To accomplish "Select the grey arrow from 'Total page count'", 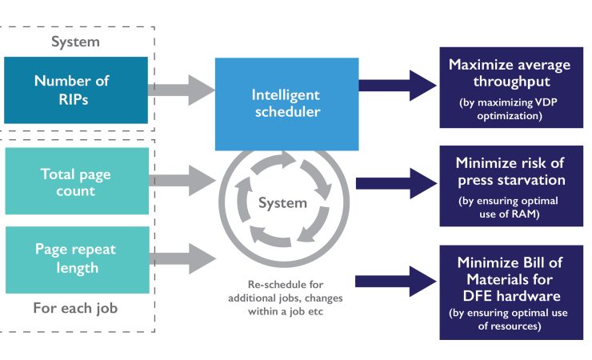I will (181, 181).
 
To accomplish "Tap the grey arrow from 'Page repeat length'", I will (181, 258).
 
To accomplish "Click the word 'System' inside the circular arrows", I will (282, 203).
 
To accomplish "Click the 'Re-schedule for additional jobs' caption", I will (285, 298).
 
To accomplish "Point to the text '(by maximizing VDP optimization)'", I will (510, 109).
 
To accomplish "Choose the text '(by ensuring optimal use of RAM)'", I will (510, 207).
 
